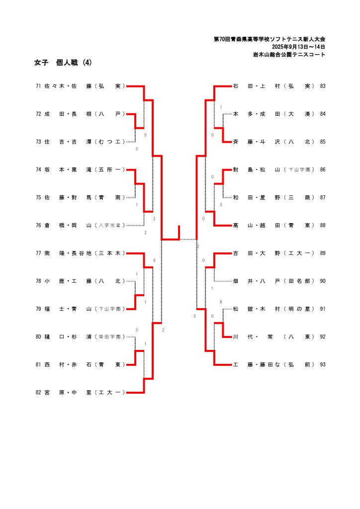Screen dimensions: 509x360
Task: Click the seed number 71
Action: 38,86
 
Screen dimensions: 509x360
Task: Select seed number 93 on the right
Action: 323,365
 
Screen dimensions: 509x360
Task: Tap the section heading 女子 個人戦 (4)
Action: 63,63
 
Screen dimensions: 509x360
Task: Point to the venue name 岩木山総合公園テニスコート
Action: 289,55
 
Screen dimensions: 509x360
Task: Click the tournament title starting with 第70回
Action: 270,39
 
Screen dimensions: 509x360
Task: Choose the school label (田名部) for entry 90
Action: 299,281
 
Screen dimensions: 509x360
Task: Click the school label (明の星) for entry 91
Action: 299,309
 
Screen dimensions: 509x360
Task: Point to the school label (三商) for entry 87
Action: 299,197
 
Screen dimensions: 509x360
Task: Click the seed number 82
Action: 38,393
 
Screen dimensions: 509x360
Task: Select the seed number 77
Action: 38,253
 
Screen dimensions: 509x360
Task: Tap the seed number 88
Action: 323,225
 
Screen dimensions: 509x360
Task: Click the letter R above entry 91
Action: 221,302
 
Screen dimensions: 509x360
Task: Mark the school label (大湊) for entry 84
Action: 299,114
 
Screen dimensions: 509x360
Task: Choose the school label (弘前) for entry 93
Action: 299,365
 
